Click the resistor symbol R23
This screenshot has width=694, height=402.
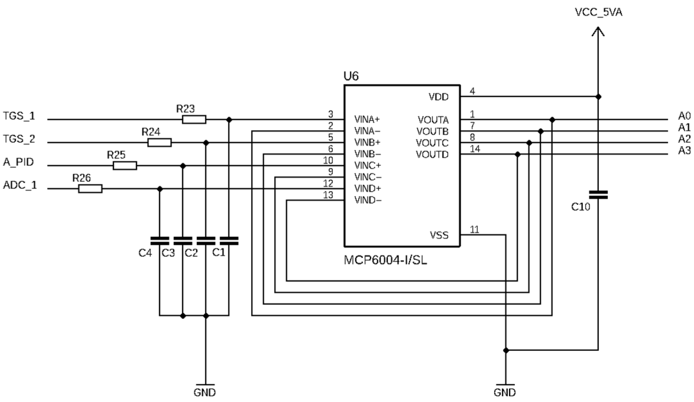point(194,119)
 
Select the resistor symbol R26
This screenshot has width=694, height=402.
point(90,189)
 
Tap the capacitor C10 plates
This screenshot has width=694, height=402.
point(598,195)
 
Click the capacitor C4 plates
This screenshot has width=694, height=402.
point(160,241)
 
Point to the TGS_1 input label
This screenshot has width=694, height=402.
point(19,116)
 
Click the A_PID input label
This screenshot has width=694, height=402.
point(18,162)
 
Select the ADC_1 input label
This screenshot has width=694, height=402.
point(20,185)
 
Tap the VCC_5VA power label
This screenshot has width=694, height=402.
point(599,12)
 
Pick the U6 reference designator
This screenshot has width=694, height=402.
point(351,76)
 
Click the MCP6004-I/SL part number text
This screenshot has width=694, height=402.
point(385,260)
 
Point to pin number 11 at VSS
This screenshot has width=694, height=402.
point(474,229)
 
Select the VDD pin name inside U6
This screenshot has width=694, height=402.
point(439,97)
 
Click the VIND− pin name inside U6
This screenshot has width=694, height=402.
point(368,200)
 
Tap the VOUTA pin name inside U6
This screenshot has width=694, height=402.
point(433,120)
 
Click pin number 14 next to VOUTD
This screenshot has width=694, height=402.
point(475,149)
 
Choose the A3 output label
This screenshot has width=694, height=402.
point(684,151)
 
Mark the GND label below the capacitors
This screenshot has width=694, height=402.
point(205,392)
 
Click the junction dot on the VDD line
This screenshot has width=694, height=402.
point(598,97)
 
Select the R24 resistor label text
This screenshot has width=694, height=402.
point(151,132)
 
